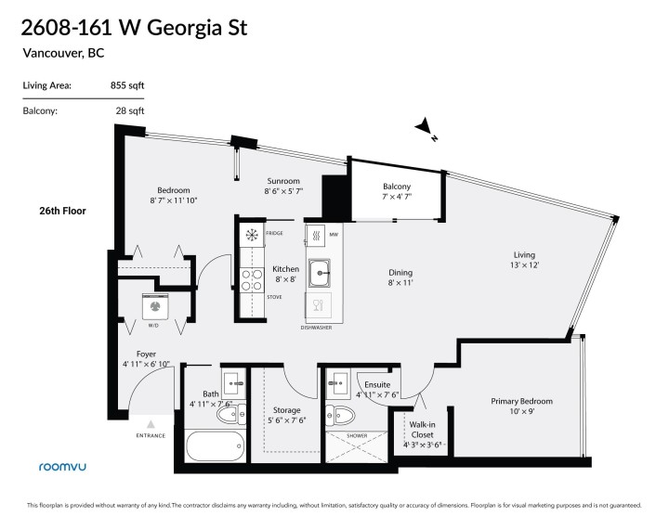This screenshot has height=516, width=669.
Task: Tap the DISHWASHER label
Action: [x=316, y=328]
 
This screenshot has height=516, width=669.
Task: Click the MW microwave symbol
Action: [x=317, y=235]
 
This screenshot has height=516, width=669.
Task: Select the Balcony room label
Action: [x=397, y=187]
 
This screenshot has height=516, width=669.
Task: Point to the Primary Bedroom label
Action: [x=521, y=402]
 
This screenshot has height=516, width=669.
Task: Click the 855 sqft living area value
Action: [x=128, y=85]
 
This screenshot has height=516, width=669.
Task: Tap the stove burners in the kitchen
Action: [x=250, y=279]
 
